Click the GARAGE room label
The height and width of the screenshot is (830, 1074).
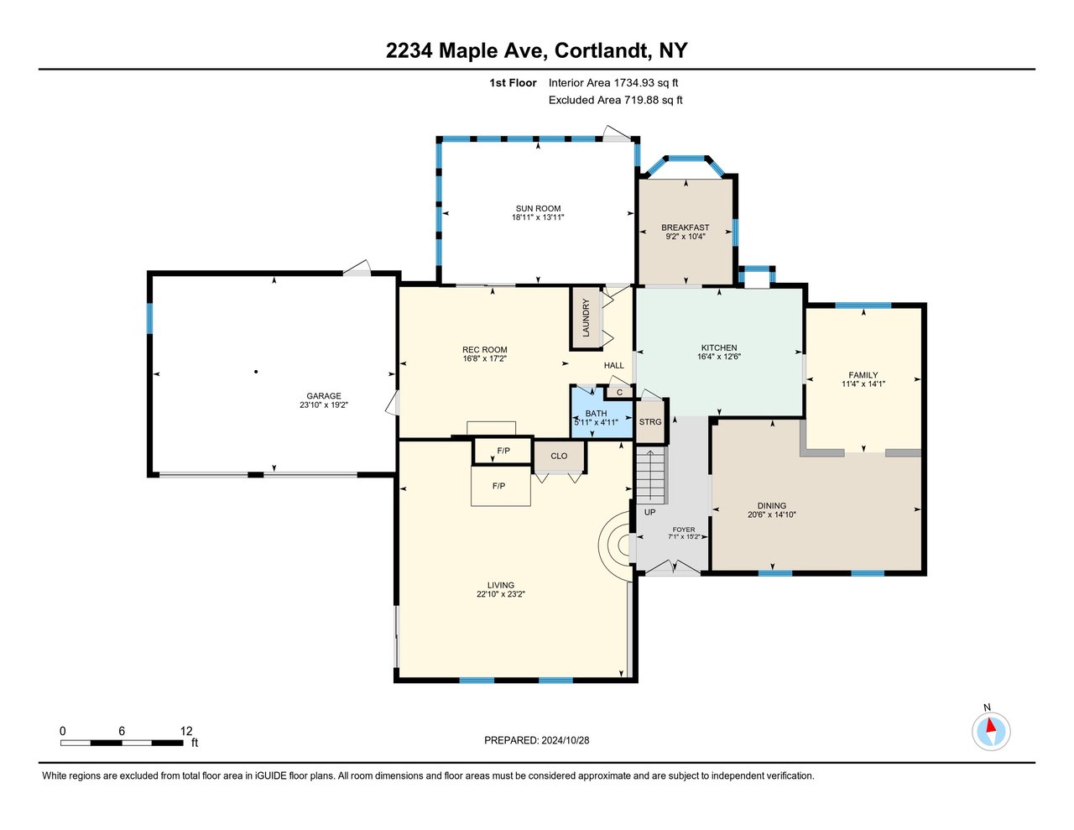coord(324,395)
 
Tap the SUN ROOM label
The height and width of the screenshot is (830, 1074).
coord(538,209)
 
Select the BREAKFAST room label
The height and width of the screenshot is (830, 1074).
coord(685,227)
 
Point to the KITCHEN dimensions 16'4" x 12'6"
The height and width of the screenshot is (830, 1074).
coord(719,357)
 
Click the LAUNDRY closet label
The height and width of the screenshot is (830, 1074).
coord(587,318)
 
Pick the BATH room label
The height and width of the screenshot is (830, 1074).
coord(596,413)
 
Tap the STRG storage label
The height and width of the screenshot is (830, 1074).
coord(650,421)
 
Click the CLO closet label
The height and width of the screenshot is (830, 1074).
coord(559,456)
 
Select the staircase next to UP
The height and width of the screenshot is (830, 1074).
coord(651,475)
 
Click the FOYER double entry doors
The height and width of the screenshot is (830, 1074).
coord(673,567)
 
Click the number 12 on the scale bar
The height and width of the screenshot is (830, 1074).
coord(186,731)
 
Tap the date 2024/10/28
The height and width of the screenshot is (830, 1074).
coord(565,740)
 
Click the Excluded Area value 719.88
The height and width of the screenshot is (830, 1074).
coord(642,100)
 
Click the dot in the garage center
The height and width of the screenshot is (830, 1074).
coord(256,372)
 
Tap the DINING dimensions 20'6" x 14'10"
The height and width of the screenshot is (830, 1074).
coord(772,514)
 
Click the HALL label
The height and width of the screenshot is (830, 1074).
coord(614,365)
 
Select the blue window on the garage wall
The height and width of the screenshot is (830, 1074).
coord(149,318)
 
